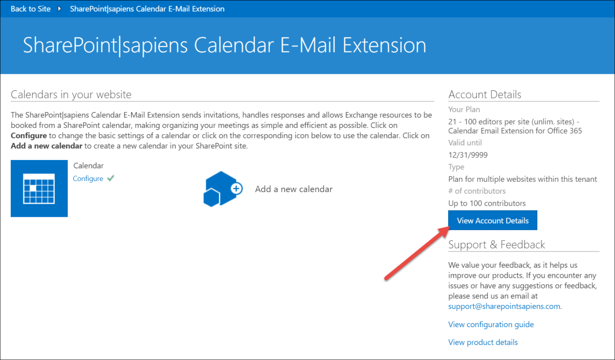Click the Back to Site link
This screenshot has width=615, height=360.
point(31,9)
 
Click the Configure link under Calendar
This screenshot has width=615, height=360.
point(88,179)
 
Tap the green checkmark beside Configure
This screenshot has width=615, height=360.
point(111,178)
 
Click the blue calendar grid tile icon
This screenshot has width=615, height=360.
point(39,188)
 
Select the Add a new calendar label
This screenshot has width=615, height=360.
point(294,189)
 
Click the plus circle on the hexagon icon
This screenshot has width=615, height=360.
point(236,188)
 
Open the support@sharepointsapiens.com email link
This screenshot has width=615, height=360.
point(504,306)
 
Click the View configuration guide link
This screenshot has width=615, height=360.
point(491,324)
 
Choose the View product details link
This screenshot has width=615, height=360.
point(483,342)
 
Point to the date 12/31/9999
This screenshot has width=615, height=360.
point(468,155)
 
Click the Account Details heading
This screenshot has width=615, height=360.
point(485,94)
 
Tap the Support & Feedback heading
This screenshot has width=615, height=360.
point(496,244)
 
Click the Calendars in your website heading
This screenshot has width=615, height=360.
point(71,94)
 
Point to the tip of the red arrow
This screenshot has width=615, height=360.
point(450,227)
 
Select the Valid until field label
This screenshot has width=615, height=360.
point(465,143)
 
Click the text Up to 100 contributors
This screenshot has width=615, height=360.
point(487,203)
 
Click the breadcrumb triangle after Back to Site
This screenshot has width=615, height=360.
point(59,9)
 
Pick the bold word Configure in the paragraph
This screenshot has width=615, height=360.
point(28,136)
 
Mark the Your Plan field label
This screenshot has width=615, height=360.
point(464,109)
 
